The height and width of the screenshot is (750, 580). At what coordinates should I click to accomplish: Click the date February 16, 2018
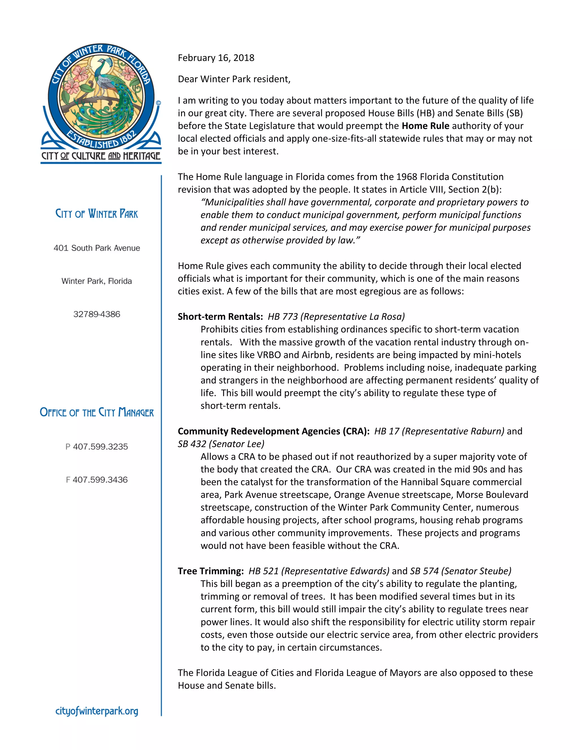[216, 58]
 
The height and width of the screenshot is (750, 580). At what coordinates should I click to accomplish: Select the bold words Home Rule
[425, 126]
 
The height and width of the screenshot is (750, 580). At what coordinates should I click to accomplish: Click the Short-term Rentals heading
[220, 316]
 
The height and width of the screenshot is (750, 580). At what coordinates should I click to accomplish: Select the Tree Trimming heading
[210, 571]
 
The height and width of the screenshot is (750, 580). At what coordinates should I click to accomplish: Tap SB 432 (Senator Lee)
[221, 444]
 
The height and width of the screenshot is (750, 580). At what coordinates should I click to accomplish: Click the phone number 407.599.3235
[100, 447]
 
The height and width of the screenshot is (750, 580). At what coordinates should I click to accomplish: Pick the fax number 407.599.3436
[100, 480]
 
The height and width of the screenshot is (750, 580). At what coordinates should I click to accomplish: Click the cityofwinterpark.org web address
[97, 711]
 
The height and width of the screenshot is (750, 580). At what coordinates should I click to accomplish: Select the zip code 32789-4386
[97, 314]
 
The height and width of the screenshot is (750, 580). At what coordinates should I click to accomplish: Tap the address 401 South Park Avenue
[97, 248]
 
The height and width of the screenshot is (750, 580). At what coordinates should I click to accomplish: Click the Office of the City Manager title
[97, 412]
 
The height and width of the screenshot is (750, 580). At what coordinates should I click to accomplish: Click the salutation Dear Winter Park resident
[234, 79]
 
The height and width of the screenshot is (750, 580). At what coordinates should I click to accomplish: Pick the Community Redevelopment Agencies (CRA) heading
[273, 431]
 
